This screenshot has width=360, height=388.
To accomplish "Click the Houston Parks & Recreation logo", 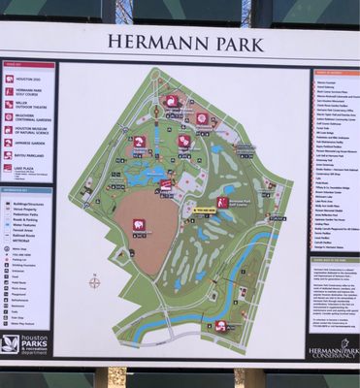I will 24,343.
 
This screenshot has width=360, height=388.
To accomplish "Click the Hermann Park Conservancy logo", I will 334,346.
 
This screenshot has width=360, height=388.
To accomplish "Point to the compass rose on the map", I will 94,282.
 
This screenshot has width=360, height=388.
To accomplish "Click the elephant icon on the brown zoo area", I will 139,224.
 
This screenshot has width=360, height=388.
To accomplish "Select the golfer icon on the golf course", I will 222,203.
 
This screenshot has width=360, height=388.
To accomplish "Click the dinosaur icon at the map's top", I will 172,101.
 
